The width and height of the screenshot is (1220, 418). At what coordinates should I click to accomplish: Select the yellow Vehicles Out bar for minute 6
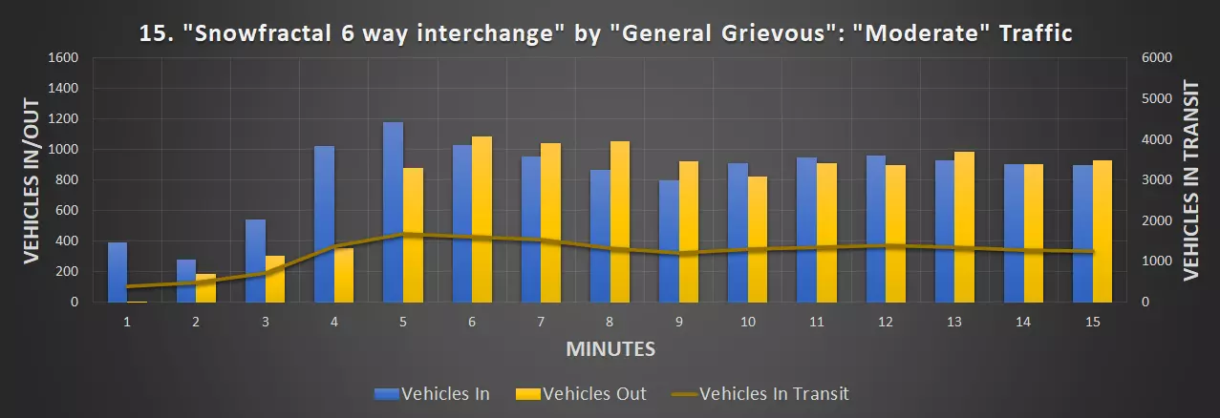(x=482, y=219)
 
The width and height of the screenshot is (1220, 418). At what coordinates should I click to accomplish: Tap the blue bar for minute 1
(x=117, y=272)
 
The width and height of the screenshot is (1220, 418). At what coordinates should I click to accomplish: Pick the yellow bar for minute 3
(x=274, y=279)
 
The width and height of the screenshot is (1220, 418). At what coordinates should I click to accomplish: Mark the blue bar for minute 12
(x=876, y=228)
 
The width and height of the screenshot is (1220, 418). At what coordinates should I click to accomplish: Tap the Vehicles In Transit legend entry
(x=760, y=393)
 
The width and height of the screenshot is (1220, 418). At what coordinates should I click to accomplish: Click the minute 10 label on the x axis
(x=748, y=323)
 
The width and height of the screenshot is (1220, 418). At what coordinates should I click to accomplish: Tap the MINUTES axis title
(x=610, y=349)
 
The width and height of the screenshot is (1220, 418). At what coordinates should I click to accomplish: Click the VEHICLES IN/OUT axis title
(x=31, y=179)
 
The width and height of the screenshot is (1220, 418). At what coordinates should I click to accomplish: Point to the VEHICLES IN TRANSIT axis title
(x=1190, y=179)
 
